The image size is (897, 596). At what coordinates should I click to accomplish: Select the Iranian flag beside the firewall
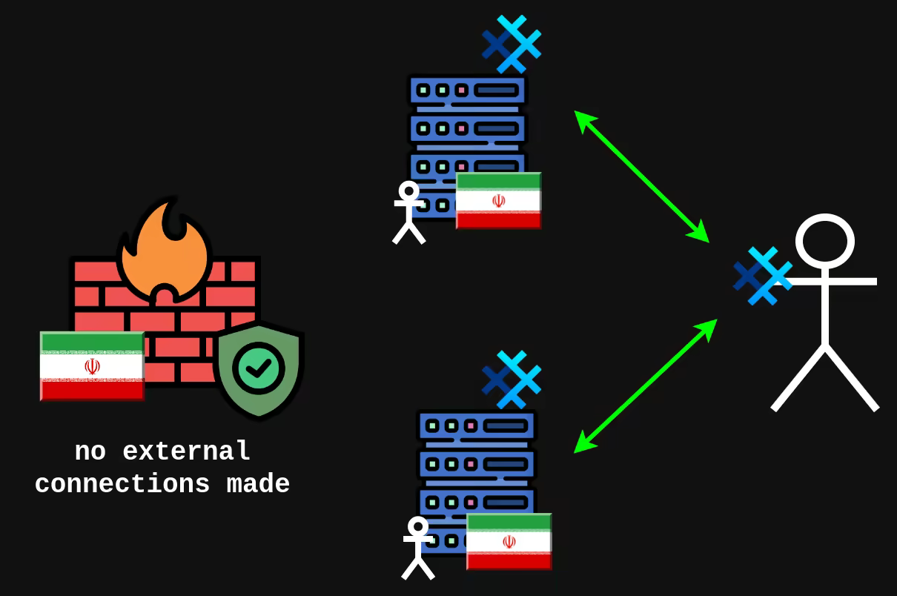92,366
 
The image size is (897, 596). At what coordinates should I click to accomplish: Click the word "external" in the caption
187,451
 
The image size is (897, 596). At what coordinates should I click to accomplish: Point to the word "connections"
122,484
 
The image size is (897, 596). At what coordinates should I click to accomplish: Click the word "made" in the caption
258,484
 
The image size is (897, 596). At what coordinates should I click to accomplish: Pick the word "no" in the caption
90,451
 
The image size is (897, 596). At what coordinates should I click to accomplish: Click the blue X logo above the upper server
512,44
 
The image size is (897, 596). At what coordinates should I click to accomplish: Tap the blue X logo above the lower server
512,380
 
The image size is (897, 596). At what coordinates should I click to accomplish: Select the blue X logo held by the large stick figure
762,277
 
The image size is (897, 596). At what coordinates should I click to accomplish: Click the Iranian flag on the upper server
498,201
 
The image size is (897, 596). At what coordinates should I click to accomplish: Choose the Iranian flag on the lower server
509,541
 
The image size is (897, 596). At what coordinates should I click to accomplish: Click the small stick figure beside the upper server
408,212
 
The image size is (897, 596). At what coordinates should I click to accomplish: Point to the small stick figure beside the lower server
418,548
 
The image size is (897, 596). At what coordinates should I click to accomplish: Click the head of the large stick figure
824,242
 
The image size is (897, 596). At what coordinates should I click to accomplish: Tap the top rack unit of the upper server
468,90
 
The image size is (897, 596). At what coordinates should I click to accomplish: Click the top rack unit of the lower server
477,426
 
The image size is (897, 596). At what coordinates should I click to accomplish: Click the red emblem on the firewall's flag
92,366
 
